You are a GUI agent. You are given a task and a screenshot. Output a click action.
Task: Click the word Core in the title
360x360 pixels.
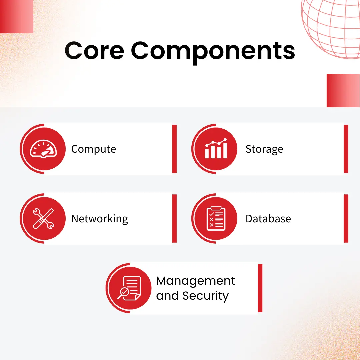94,51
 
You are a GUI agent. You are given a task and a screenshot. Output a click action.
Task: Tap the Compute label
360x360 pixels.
94,149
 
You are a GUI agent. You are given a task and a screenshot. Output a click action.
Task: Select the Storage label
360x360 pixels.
264,149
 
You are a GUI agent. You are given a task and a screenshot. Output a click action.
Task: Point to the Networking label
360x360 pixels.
100,219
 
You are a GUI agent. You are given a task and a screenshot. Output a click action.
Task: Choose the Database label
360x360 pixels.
268,219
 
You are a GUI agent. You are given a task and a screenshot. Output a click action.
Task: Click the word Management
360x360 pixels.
196,281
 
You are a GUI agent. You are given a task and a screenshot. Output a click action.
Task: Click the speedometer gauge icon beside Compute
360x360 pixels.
44,149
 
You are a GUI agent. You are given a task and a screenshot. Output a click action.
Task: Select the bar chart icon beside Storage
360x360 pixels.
216,149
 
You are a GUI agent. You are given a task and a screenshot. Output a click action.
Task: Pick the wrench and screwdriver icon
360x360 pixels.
44,219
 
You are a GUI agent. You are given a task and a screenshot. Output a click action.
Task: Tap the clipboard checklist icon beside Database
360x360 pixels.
216,219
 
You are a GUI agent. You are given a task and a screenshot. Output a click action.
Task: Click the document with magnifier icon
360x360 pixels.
130,288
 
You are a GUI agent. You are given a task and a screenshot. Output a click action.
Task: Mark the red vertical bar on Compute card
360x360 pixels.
174,149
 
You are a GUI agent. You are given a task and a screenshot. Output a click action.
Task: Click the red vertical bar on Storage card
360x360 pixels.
346,149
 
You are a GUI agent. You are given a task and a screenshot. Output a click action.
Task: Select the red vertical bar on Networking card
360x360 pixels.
174,219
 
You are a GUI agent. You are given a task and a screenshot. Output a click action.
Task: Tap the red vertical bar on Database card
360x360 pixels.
346,219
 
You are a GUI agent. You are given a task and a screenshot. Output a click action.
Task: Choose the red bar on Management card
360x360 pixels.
260,288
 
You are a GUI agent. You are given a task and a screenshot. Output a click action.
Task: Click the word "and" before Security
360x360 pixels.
167,296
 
